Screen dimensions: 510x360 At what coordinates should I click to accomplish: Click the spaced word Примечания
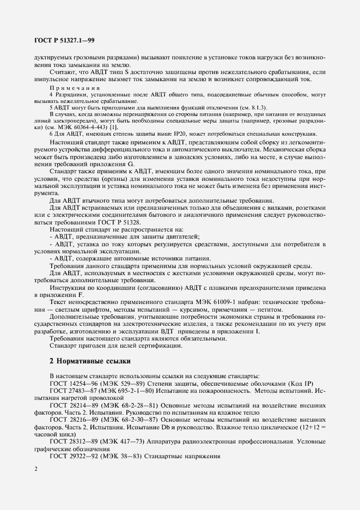75,88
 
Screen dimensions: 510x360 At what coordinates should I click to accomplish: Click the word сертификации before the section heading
164,345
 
